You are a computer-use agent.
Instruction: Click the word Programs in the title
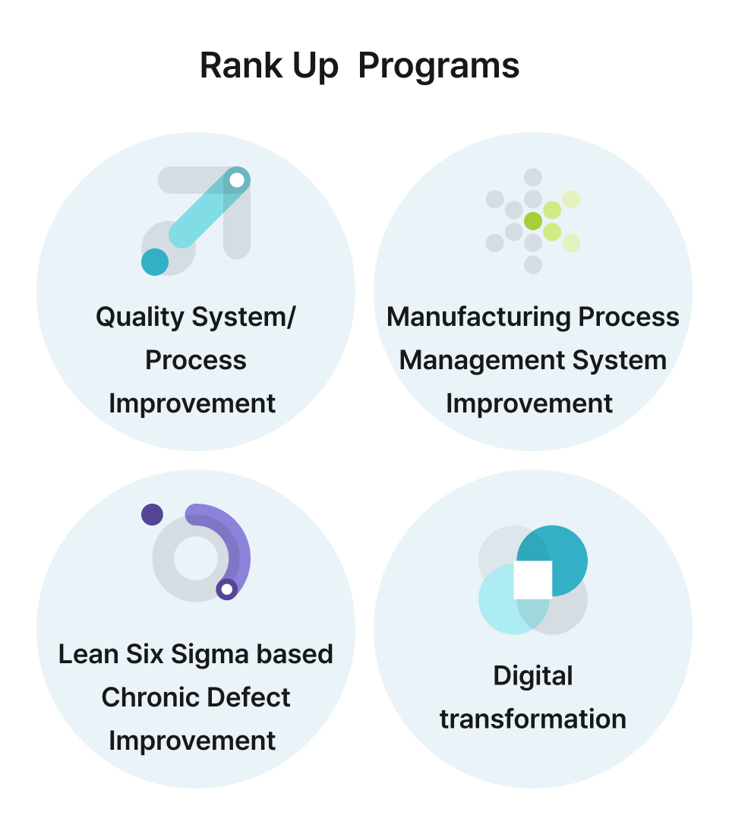point(438,67)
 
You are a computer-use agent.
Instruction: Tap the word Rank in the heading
point(231,67)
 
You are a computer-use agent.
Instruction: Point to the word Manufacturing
point(478,317)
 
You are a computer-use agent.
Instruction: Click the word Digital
point(533,675)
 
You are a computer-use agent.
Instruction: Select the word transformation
point(533,719)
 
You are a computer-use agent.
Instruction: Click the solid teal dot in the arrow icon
point(155,261)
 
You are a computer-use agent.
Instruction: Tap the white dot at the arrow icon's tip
point(237,180)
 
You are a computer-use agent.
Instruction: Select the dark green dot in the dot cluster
point(533,221)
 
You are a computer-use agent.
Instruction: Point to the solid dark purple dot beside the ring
point(152,514)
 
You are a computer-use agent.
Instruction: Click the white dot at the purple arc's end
point(226,590)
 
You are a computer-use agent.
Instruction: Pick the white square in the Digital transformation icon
point(533,580)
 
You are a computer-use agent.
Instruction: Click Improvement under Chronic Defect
point(193,741)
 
